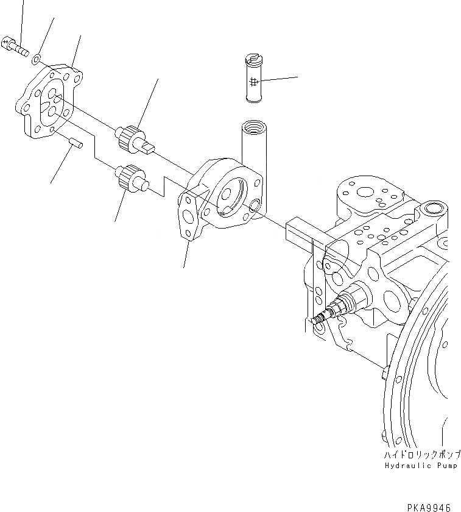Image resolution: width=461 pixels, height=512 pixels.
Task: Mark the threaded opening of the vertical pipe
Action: (252, 127)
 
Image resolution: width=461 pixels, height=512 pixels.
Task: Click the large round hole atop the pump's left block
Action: (365, 193)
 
